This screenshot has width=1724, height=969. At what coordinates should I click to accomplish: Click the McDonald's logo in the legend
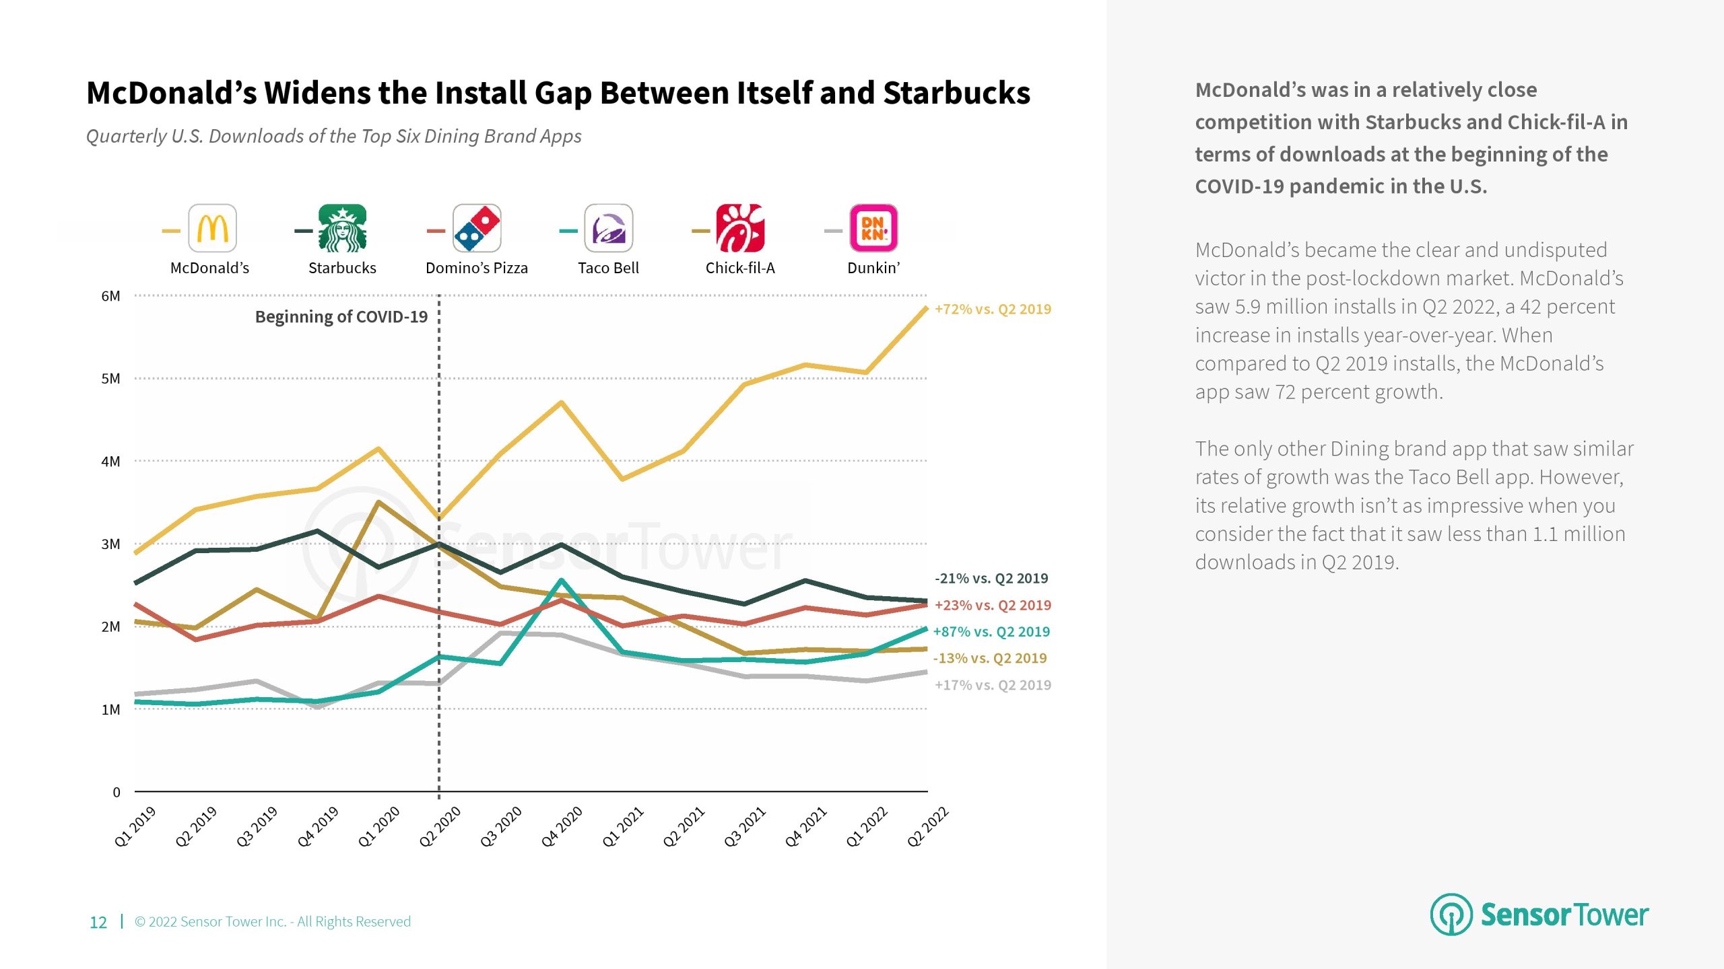pyautogui.click(x=212, y=228)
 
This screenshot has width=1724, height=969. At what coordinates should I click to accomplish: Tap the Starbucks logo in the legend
pyautogui.click(x=342, y=228)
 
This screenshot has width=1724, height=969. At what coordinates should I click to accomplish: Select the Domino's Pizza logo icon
pyautogui.click(x=477, y=228)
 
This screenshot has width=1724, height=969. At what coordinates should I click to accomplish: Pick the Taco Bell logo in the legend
pyautogui.click(x=608, y=228)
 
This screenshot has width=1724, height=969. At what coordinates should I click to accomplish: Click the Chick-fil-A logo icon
pyautogui.click(x=739, y=228)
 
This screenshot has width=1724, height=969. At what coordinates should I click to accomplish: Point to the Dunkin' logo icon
pyautogui.click(x=873, y=228)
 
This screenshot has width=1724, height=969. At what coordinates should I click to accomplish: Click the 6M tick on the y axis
pyautogui.click(x=110, y=296)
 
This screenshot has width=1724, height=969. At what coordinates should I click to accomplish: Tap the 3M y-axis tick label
pyautogui.click(x=110, y=544)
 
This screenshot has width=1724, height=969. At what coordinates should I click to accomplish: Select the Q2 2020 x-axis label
pyautogui.click(x=440, y=826)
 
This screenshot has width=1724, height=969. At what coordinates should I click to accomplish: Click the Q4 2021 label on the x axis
pyautogui.click(x=806, y=826)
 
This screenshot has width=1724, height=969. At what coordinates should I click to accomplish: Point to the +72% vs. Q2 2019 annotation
pyautogui.click(x=993, y=310)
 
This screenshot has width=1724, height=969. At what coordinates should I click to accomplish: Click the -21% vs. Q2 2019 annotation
pyautogui.click(x=991, y=579)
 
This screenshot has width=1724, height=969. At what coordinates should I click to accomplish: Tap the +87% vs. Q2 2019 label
pyautogui.click(x=991, y=632)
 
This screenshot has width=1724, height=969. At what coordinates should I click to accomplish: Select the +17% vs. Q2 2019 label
pyautogui.click(x=993, y=685)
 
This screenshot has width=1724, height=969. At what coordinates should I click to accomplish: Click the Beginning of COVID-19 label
pyautogui.click(x=341, y=317)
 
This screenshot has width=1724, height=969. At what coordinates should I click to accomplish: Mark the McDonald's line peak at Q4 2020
pyautogui.click(x=562, y=402)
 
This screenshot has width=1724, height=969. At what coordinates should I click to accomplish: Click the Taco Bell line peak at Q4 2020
pyautogui.click(x=562, y=580)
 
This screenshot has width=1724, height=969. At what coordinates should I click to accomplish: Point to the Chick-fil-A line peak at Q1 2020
pyautogui.click(x=378, y=502)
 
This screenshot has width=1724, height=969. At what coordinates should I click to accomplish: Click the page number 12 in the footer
pyautogui.click(x=98, y=923)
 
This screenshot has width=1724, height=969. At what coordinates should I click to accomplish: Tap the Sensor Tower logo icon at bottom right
pyautogui.click(x=1451, y=914)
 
